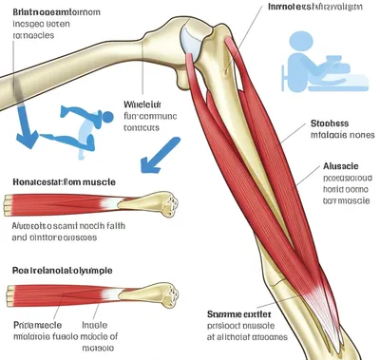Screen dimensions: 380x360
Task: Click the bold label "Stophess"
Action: coord(330,123)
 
